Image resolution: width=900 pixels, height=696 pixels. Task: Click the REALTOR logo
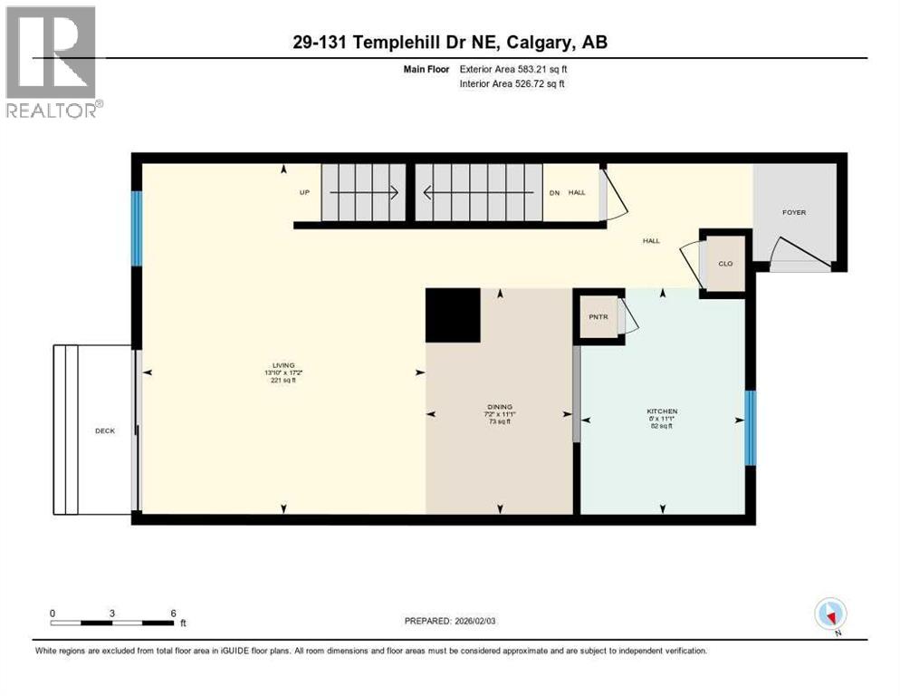coord(53,62)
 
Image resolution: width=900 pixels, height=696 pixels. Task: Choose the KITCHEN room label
coord(662,411)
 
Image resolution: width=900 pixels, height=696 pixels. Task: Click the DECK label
coord(105,430)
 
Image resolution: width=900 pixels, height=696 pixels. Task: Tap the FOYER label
coord(794,213)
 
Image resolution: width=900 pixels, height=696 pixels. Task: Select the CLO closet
coord(725,264)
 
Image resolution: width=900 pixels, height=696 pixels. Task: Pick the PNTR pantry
coord(598,317)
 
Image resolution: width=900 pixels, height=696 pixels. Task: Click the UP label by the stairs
coord(304,193)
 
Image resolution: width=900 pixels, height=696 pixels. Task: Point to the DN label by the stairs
coord(555,192)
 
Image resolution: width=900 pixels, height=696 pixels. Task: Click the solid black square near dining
coord(453,315)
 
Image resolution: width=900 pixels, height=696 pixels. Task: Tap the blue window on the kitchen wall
coord(750,427)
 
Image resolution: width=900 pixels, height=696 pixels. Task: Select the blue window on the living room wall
coord(137,228)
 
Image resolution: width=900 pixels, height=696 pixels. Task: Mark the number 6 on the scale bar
coord(172,613)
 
